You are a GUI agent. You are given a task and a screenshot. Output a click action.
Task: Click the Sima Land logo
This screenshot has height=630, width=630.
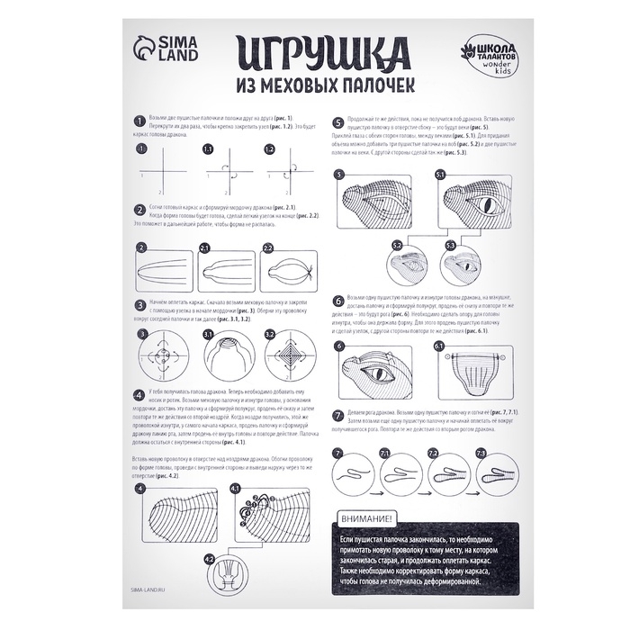tap(160, 56)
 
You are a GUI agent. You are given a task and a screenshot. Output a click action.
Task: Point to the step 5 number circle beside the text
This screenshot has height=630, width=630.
tap(337, 122)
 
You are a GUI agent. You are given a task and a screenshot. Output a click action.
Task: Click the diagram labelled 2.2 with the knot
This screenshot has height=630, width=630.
tap(293, 272)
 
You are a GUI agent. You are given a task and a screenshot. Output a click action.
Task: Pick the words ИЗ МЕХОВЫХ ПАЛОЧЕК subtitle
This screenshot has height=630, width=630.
tap(324, 86)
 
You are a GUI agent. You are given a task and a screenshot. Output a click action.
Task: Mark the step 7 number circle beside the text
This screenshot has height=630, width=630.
tap(337, 415)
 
